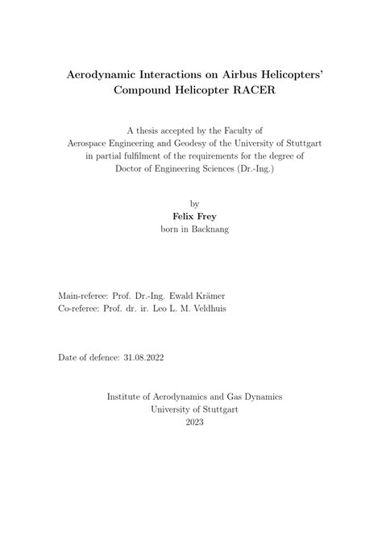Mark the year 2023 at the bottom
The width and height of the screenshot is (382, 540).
click(194, 422)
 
